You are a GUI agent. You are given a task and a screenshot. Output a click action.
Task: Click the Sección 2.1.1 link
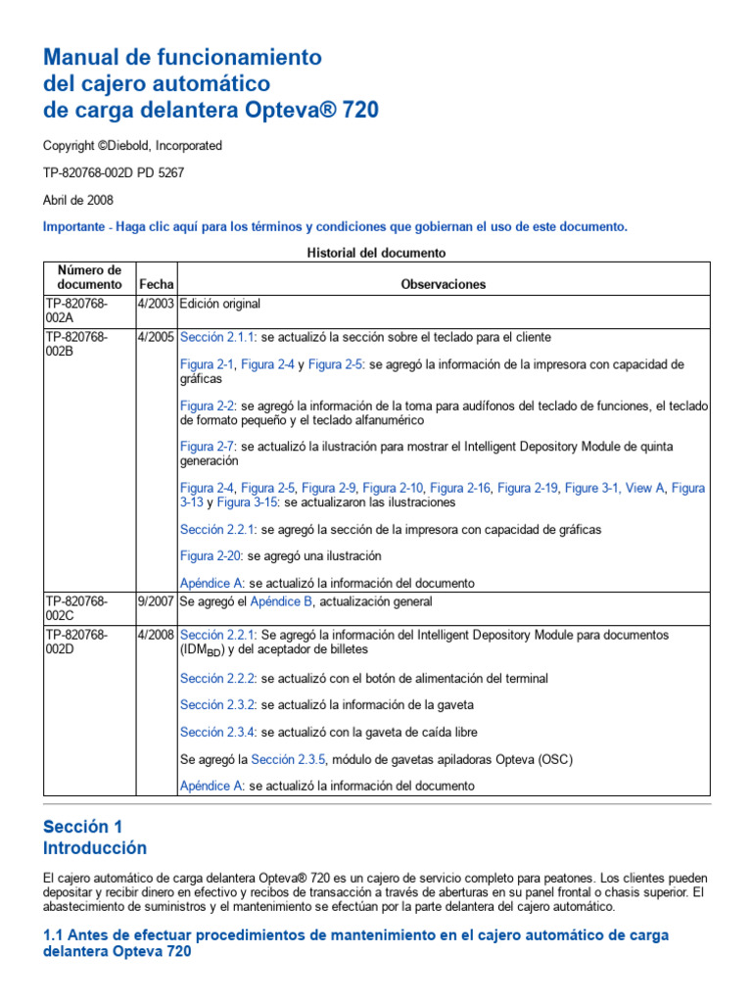tap(217, 337)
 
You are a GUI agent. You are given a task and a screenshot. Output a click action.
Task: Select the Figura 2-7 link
tap(208, 447)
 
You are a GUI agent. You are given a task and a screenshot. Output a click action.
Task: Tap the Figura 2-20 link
tap(211, 556)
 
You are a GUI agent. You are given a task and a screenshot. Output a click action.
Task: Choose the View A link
tap(644, 488)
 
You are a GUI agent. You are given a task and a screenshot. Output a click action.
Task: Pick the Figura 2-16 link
tap(460, 488)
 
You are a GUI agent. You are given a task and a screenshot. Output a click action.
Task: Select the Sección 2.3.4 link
tap(217, 732)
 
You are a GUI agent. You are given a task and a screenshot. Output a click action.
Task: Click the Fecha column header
tap(156, 284)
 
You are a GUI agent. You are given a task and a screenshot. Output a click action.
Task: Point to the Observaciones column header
tap(443, 284)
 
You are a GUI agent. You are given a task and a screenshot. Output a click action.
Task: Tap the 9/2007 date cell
tap(156, 601)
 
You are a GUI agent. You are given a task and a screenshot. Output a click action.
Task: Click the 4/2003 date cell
tap(156, 304)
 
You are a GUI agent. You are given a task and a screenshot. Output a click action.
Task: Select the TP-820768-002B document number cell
tap(75, 344)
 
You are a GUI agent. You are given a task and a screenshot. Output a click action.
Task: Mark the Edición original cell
tap(220, 304)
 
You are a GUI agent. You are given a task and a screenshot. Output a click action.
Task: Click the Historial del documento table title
tap(376, 253)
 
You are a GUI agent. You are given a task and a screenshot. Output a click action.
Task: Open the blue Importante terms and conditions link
tap(335, 226)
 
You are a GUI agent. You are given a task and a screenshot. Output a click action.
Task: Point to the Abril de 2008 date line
tap(78, 199)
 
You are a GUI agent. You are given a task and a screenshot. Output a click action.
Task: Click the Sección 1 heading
tap(83, 827)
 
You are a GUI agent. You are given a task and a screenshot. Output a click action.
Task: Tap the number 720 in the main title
tap(355, 111)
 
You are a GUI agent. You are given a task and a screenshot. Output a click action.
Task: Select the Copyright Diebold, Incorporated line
tap(132, 146)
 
